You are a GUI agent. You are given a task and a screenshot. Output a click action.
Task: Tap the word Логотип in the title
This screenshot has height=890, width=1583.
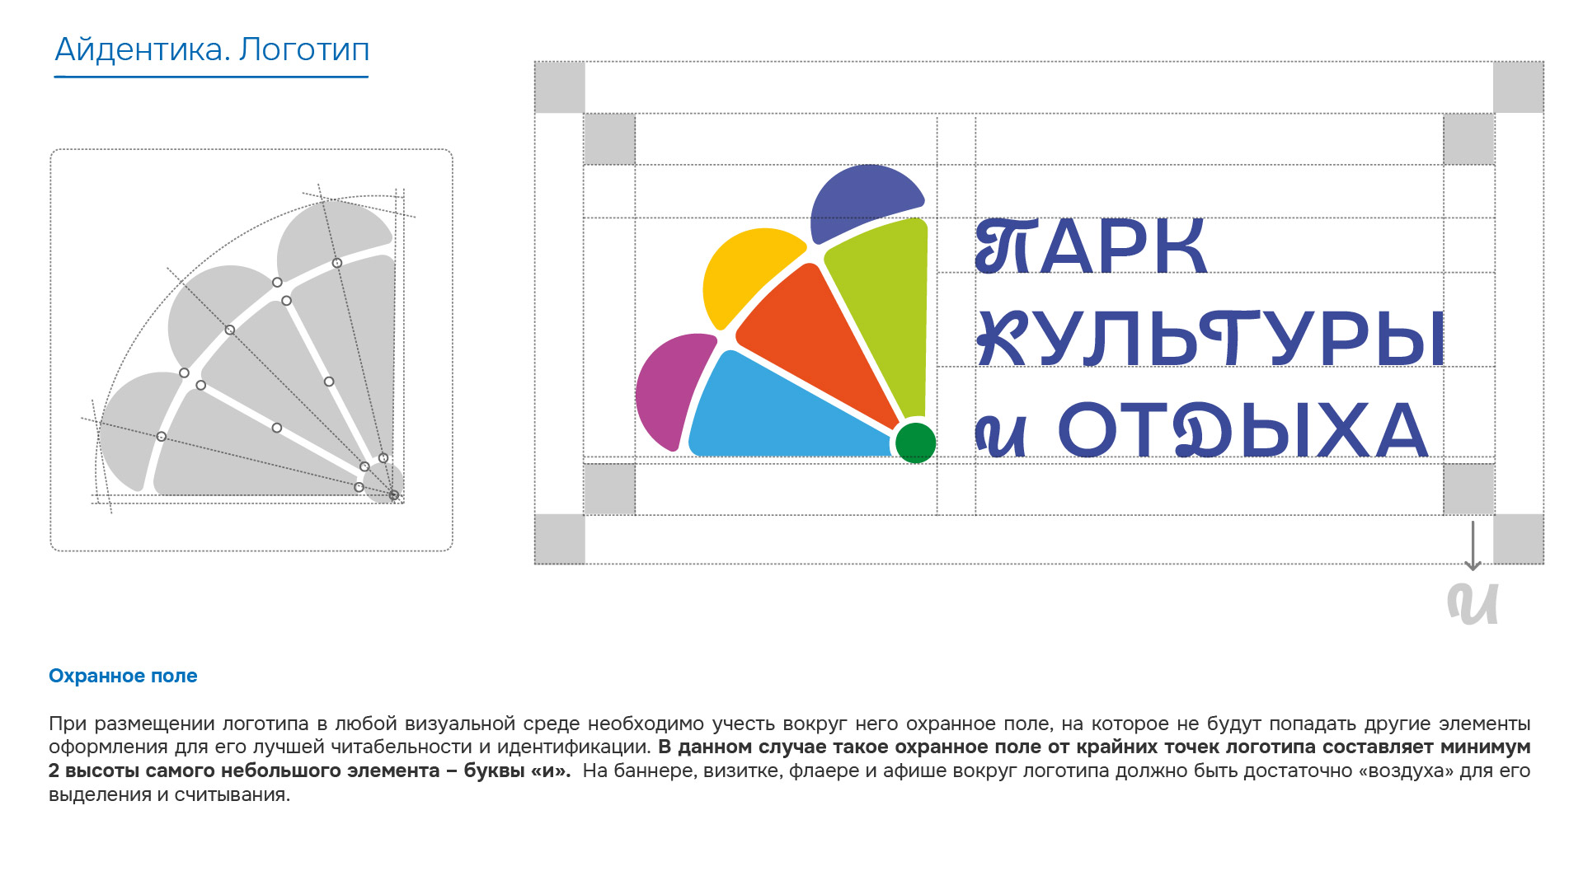pos(304,51)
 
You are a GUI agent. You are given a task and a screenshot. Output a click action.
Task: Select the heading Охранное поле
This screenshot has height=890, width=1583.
pos(123,676)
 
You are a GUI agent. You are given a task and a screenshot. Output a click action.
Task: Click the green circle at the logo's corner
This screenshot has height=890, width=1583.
pos(915,443)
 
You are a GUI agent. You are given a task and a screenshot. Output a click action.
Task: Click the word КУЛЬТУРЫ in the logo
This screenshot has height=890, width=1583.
pos(1210,338)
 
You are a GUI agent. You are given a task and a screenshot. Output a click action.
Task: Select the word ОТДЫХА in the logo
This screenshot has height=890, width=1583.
pos(1242,429)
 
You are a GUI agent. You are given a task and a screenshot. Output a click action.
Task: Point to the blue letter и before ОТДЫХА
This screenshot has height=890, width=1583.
pos(1001,434)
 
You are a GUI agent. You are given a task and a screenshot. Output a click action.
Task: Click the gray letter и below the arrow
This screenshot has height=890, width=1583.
pos(1473,603)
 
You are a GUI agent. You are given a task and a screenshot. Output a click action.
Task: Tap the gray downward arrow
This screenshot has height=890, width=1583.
pos(1473,545)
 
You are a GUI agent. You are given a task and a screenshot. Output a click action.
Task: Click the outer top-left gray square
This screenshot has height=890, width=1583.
pos(560,87)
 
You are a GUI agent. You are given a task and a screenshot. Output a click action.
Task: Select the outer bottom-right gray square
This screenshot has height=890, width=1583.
pos(1519,539)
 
